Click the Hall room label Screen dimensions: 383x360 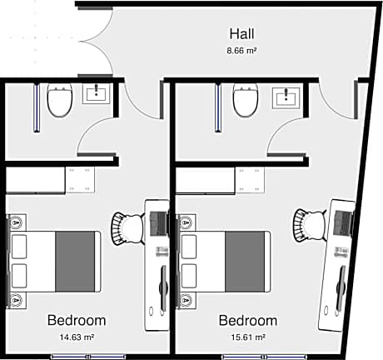241,33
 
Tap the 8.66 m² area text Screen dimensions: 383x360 241,51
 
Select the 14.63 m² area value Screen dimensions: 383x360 77,337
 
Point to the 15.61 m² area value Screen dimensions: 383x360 248,337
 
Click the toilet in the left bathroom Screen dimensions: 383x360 60,100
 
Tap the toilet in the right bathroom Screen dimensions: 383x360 246,100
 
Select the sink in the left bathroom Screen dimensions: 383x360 97,93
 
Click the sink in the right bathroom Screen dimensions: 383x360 286,97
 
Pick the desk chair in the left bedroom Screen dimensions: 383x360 128,228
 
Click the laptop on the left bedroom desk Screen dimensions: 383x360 159,223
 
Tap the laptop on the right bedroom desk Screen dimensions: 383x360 343,222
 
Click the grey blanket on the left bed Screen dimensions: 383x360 75,262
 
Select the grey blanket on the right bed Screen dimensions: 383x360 245,262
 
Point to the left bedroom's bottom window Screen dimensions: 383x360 88,357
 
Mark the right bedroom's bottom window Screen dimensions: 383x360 264,357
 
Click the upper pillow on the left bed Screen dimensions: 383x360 19,247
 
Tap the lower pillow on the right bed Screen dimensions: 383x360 189,276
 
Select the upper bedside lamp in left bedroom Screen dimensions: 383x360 17,222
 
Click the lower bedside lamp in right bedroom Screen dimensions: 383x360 186,300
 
